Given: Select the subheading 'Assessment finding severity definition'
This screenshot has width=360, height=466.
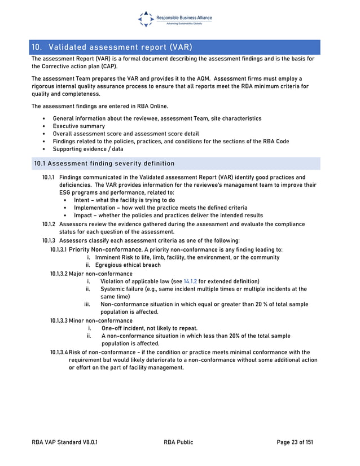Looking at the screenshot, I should click(110, 164).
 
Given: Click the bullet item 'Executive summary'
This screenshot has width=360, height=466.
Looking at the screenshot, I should click(78, 126).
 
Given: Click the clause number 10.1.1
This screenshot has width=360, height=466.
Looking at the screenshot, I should click(49, 177).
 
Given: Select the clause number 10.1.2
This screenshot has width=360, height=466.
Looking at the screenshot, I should click(49, 224).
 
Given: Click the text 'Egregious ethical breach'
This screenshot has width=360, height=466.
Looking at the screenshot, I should click(128, 265).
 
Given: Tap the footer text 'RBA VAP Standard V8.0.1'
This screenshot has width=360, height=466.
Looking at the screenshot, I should click(65, 442).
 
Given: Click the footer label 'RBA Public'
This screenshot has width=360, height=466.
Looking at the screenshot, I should click(178, 442).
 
